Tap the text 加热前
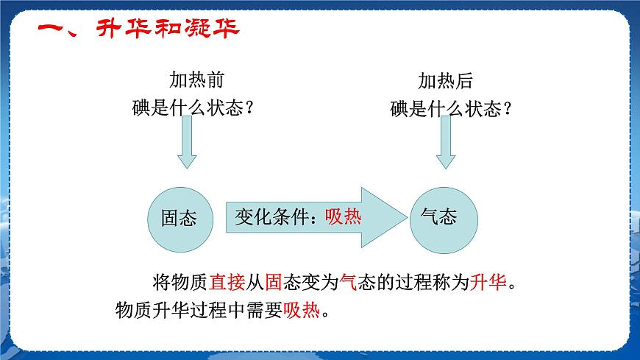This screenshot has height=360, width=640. click(x=196, y=80)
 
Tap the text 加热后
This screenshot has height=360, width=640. click(x=445, y=81)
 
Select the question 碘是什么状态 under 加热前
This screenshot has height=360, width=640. click(x=188, y=108)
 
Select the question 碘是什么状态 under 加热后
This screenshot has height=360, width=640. click(x=446, y=109)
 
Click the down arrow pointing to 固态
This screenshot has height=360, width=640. click(x=187, y=142)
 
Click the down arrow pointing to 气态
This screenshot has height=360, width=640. click(x=446, y=142)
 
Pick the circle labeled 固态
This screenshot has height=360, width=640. click(x=180, y=220)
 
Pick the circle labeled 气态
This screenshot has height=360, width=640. click(x=444, y=220)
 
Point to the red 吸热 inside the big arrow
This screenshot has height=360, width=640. click(x=343, y=216)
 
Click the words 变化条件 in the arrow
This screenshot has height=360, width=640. click(x=271, y=216)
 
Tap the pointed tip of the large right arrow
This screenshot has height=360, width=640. click(x=407, y=217)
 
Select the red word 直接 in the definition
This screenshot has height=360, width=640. click(x=227, y=282)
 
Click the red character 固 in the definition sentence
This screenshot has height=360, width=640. click(x=274, y=282)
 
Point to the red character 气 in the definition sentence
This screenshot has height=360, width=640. click(x=348, y=282)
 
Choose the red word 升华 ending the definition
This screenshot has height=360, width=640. click(x=488, y=282)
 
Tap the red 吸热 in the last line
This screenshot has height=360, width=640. click(x=301, y=310)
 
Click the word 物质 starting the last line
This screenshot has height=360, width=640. click(x=133, y=310)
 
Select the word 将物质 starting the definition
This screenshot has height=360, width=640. click(x=180, y=282)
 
